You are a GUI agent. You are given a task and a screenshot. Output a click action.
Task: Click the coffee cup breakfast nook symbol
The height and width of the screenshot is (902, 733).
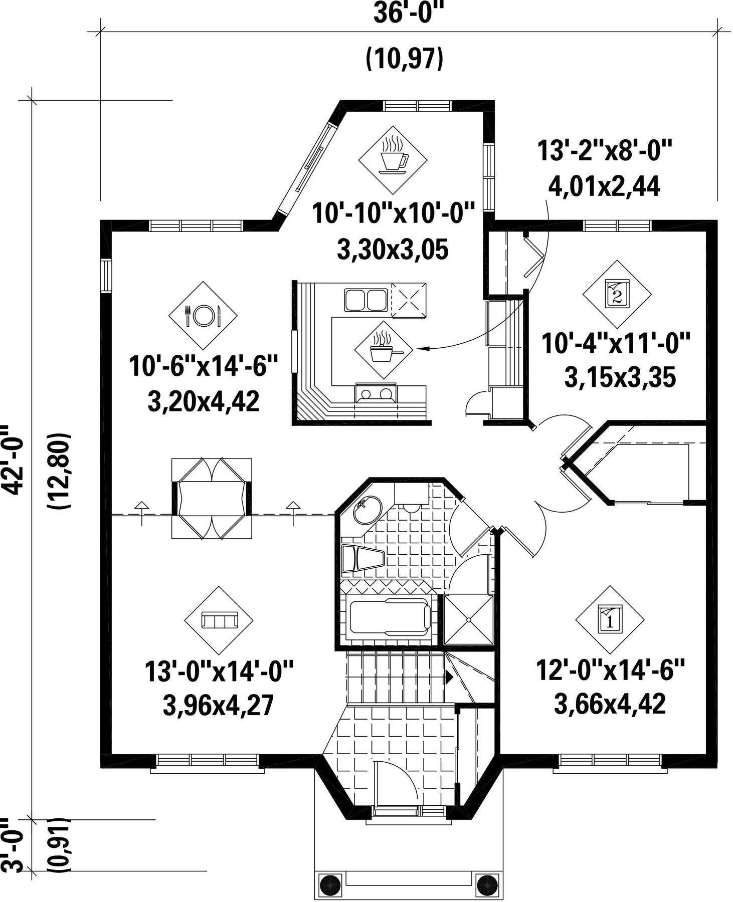tap(393, 159)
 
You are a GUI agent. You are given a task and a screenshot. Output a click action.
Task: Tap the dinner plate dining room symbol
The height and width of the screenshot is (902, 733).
tap(203, 315)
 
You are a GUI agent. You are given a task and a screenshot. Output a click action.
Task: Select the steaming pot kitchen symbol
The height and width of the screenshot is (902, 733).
tap(384, 350)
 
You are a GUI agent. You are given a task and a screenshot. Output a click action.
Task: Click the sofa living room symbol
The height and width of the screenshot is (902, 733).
tap(219, 620)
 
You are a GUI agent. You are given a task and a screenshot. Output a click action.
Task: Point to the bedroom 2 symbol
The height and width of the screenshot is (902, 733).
tap(617, 294)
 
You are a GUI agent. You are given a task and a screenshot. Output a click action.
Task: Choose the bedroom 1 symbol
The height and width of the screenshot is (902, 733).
tap(610, 619)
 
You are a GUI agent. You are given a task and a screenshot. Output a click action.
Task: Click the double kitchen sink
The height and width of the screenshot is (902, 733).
tap(365, 300)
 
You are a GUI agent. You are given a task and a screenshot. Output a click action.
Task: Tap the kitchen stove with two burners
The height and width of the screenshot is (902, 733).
tap(376, 393)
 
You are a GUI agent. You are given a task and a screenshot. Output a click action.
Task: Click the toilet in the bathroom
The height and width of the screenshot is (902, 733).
tap(362, 559)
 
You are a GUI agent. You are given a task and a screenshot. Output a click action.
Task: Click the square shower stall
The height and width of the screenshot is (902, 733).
tap(468, 620)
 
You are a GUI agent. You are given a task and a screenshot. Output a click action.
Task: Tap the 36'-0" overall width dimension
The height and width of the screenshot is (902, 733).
tap(409, 14)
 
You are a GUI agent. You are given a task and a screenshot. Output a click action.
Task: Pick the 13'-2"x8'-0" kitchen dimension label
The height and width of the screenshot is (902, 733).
tap(604, 151)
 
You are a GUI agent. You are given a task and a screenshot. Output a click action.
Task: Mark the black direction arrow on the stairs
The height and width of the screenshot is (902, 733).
tap(450, 678)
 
